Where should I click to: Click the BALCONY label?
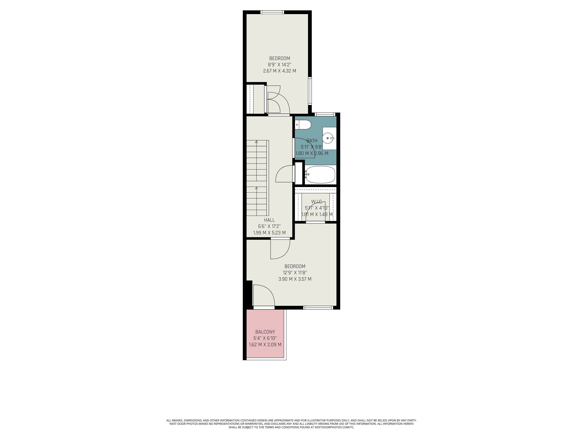tap(265, 332)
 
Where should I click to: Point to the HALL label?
tap(269, 220)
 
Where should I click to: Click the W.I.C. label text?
tap(317, 202)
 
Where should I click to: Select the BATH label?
tap(312, 141)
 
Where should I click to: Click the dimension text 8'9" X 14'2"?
tap(280, 64)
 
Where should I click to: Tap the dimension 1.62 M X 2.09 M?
tap(265, 345)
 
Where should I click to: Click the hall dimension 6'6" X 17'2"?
tap(269, 226)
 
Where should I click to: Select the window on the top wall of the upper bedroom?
tap(272, 12)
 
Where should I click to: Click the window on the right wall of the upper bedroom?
tap(310, 91)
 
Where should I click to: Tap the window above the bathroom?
tap(325, 114)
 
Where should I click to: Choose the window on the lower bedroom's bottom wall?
tap(318, 307)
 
